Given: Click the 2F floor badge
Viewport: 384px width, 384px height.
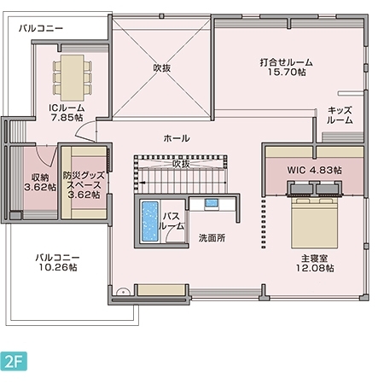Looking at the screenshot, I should click(x=15, y=359).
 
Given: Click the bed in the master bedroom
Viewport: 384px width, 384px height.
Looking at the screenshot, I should click(x=314, y=221).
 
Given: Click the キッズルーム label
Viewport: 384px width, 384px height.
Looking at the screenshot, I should click(x=339, y=115).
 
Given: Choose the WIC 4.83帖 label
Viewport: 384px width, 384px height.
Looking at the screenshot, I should click(x=314, y=170).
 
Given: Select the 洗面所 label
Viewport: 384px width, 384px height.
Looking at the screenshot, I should click(x=212, y=238).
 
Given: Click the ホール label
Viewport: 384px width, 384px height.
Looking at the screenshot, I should click(x=176, y=138).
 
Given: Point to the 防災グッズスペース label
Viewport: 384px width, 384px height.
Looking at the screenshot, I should click(x=83, y=182).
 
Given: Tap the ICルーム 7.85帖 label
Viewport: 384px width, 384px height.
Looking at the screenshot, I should click(x=65, y=113).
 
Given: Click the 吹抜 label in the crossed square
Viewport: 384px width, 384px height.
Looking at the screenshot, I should click(x=162, y=67).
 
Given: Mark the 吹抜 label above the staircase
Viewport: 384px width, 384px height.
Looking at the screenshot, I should click(x=181, y=164).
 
